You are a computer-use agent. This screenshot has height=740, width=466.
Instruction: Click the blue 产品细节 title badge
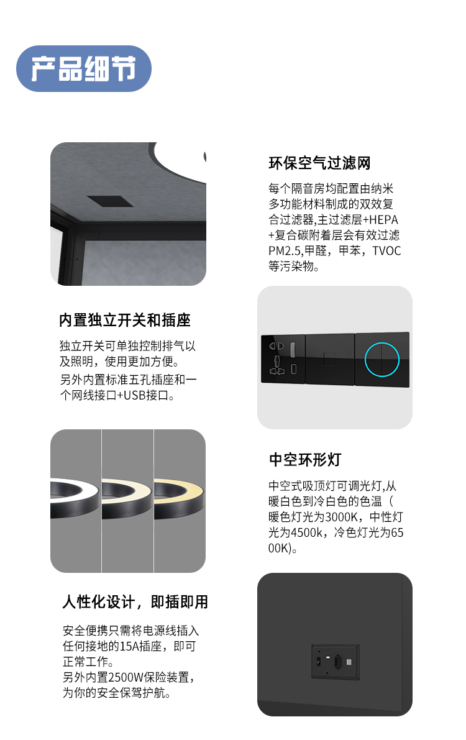[83, 68]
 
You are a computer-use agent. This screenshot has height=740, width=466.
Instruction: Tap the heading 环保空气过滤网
[319, 163]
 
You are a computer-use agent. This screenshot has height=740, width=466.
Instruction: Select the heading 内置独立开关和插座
[125, 320]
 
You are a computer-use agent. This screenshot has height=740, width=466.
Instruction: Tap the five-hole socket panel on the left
[283, 359]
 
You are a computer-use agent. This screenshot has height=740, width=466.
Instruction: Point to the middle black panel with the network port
[330, 359]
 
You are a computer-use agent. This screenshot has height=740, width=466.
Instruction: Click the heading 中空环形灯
[305, 459]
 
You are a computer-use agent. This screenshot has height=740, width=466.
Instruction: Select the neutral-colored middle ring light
[127, 498]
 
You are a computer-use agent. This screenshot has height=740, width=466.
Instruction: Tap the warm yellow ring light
[180, 498]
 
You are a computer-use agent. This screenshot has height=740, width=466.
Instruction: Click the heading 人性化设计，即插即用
[135, 601]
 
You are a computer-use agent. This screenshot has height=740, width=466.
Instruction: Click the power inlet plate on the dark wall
[336, 662]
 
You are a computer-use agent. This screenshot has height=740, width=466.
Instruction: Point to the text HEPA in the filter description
[383, 220]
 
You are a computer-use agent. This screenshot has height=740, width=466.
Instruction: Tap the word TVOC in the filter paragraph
[386, 250]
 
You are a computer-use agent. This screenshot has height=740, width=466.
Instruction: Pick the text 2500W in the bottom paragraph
[125, 678]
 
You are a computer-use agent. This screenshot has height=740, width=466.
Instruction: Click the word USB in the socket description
[135, 396]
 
